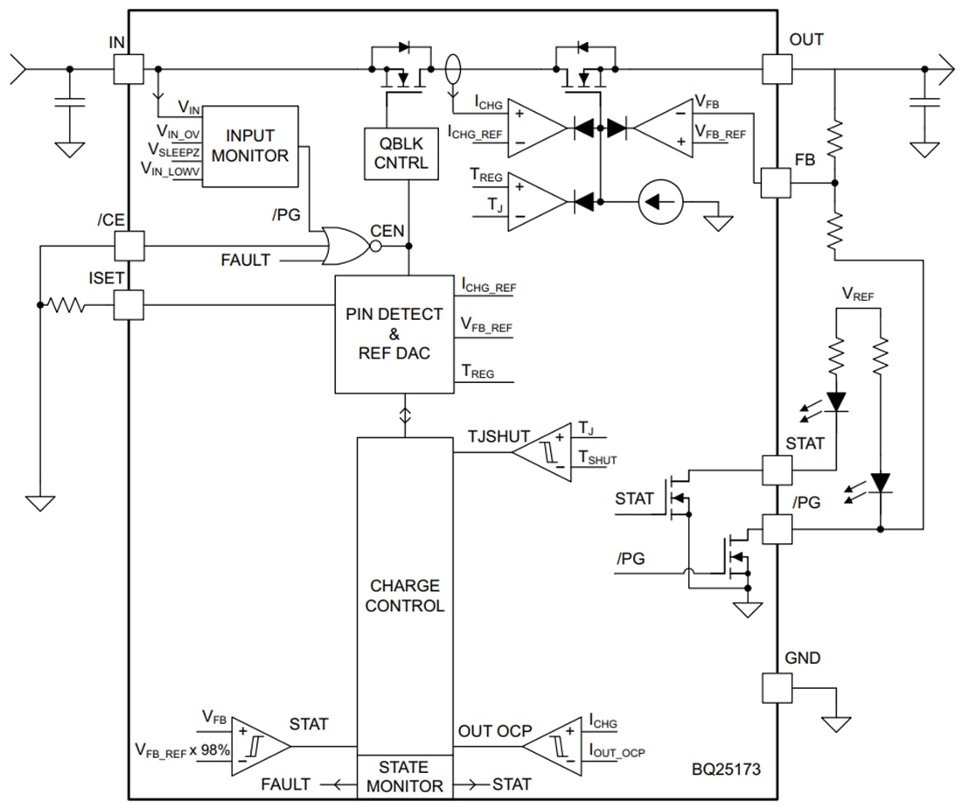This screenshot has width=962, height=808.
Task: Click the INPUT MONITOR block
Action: point(250,146)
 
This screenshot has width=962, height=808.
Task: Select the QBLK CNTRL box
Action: point(401,154)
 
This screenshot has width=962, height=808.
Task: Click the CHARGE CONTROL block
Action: point(404,595)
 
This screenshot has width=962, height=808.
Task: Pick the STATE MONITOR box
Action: point(404,777)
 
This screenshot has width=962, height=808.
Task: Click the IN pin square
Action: point(128,69)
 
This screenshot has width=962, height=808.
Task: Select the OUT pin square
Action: point(777,69)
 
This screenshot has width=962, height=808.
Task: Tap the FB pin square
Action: point(777,183)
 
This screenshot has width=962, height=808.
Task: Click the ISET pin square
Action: point(129,305)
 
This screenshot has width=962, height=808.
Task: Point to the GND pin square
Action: point(777,688)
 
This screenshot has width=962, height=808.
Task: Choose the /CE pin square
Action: point(129,246)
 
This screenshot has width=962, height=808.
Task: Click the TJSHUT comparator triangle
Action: point(543,452)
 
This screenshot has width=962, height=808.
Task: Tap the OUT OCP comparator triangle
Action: point(554,745)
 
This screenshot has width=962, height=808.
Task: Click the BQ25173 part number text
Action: point(724,770)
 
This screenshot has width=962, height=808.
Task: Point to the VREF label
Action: point(857,296)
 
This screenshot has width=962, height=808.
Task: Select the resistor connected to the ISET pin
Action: point(66,305)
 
